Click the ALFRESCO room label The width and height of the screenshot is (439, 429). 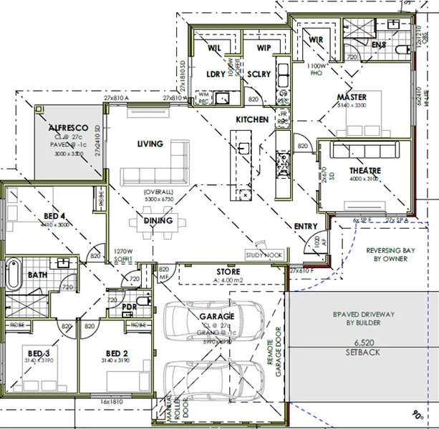point(68,127)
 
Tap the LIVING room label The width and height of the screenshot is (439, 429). point(150,144)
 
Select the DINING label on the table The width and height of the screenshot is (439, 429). point(158,221)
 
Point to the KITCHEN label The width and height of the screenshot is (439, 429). point(252,120)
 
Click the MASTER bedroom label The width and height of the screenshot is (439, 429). point(352,97)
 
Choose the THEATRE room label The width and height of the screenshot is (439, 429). point(365,171)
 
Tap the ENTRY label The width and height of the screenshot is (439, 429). point(306,227)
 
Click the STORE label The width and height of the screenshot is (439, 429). point(228,272)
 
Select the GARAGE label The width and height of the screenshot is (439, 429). point(217,316)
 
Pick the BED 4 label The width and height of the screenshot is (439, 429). point(54,216)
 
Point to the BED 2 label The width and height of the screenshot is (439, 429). point(117,353)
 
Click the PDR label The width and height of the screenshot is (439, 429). point(130,307)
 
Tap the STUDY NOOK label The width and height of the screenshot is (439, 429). point(264,255)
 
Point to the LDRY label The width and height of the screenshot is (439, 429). point(216,74)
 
